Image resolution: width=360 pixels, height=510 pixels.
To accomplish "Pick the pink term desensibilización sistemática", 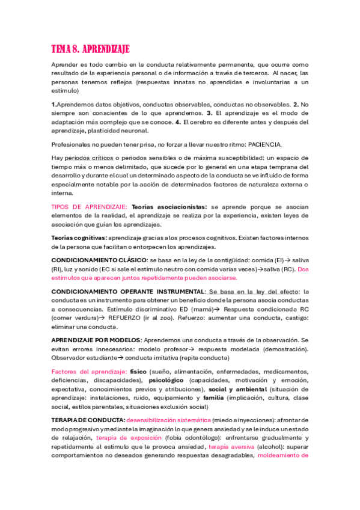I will [169, 420].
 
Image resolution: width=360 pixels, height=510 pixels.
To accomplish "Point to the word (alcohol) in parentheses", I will [268, 447].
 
